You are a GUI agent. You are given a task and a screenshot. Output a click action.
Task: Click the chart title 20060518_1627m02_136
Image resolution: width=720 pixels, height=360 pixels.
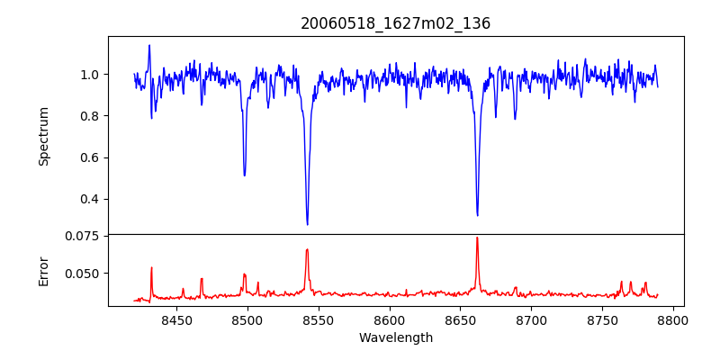point(396,23)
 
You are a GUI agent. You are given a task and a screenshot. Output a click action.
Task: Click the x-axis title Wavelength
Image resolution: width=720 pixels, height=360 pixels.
point(396,337)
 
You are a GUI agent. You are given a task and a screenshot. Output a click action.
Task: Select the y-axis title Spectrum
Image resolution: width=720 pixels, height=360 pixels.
point(43,136)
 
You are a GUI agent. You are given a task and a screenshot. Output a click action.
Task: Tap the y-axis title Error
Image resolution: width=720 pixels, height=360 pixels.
point(43,270)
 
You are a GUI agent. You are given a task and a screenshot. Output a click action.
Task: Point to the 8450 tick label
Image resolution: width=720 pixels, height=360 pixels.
point(177,319)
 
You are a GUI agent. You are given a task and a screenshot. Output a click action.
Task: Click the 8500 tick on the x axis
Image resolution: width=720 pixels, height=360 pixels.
point(247,319)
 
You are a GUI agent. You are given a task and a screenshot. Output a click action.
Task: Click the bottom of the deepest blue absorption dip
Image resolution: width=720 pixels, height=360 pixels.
point(308,224)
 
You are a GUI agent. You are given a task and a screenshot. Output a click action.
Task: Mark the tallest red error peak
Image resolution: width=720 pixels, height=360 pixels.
point(477,238)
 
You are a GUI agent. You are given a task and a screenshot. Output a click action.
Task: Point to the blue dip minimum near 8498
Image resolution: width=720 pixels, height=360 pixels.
point(245,175)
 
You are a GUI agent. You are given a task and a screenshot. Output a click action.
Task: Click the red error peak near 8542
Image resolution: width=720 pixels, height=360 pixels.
point(307,250)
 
